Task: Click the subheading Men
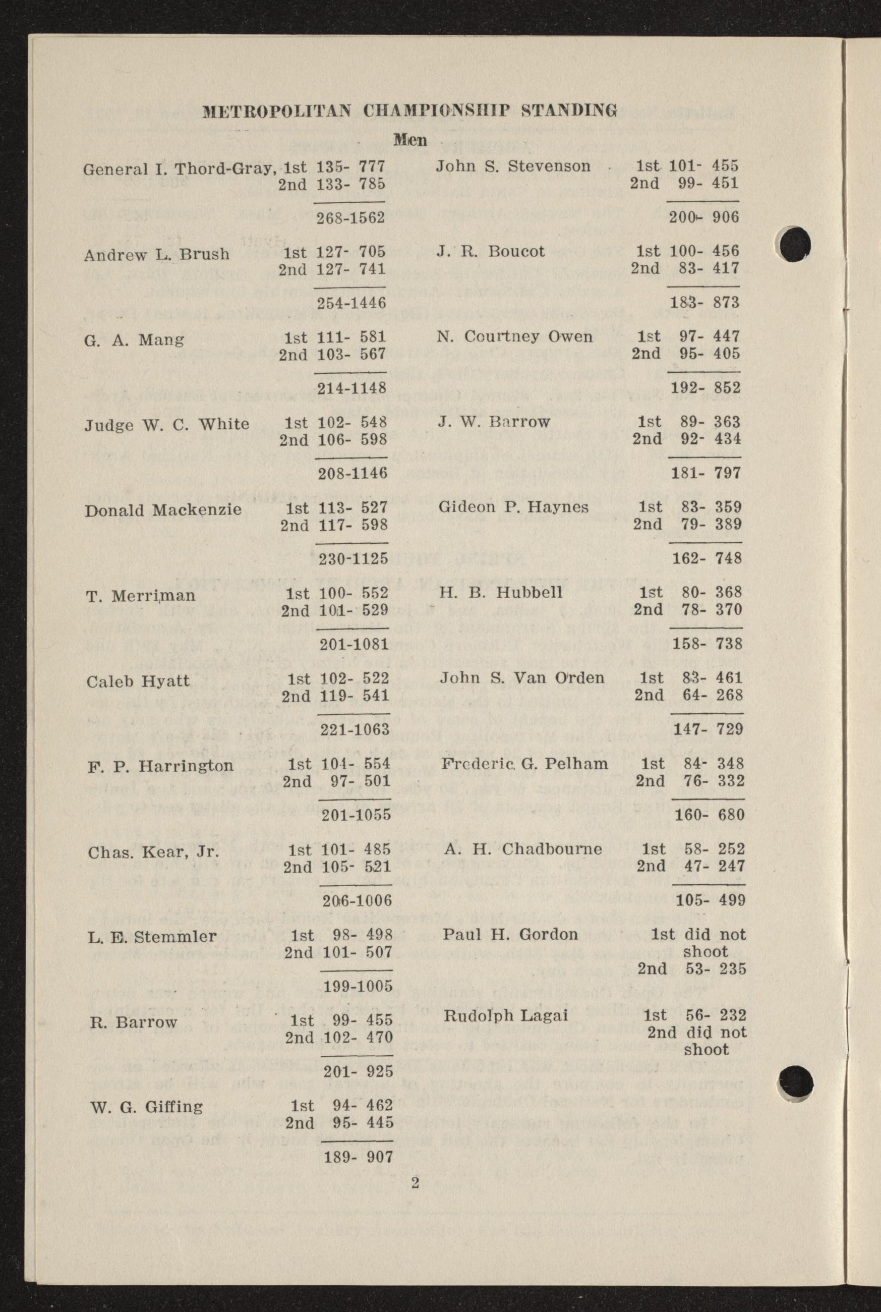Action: [x=410, y=139]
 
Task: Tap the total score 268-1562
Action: [x=350, y=217]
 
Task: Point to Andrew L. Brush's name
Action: [x=157, y=255]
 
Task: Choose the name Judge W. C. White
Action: [x=167, y=424]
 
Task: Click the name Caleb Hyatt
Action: [x=138, y=681]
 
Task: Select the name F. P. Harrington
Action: [x=160, y=766]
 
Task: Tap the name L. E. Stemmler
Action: [x=152, y=936]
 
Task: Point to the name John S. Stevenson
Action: [x=513, y=166]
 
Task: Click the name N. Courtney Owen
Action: [x=515, y=336]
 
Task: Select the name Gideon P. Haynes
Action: [x=513, y=507]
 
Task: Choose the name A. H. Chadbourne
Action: [x=522, y=848]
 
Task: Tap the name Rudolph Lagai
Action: [x=506, y=1015]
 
